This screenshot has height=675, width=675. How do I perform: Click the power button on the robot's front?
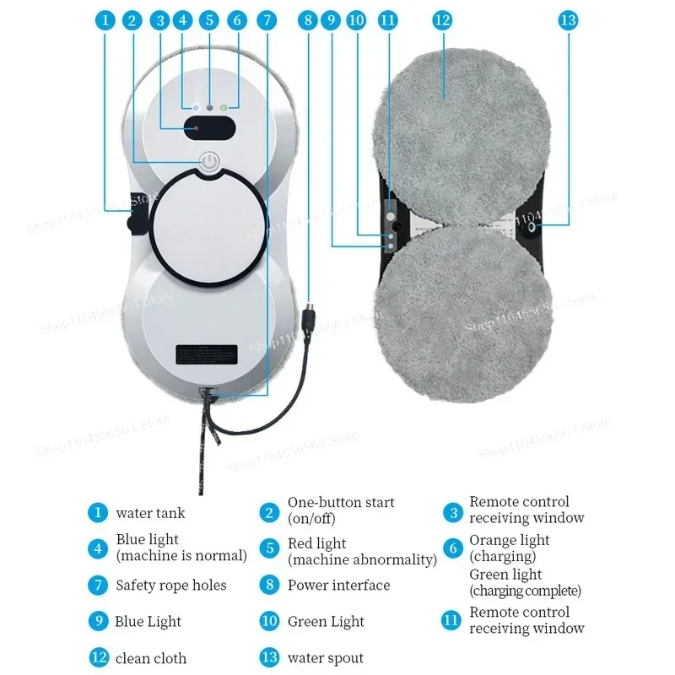click(x=208, y=161)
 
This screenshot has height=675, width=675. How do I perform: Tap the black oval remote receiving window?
click(x=208, y=129)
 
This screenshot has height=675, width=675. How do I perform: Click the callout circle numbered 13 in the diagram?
click(x=567, y=19)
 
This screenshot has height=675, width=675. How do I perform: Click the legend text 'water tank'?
click(x=150, y=512)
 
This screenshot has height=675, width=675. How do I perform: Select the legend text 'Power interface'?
click(x=338, y=585)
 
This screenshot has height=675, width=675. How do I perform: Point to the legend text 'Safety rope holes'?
click(x=171, y=585)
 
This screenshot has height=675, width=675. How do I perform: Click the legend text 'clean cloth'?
click(x=151, y=658)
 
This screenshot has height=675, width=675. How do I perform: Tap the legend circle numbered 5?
click(x=270, y=548)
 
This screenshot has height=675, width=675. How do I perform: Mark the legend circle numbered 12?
click(x=99, y=658)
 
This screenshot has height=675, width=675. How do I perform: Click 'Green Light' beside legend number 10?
click(x=326, y=622)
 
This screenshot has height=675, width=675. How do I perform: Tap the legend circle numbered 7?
click(x=99, y=585)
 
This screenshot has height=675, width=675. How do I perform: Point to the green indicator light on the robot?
click(x=223, y=108)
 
